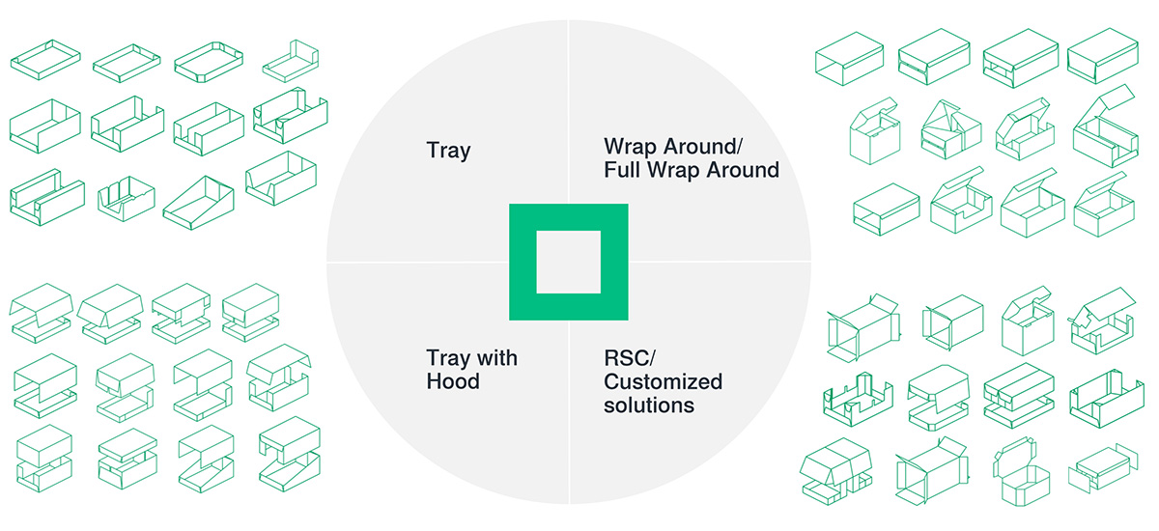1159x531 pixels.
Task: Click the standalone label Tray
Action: pyautogui.click(x=448, y=151)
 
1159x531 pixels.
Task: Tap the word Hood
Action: pyautogui.click(x=453, y=381)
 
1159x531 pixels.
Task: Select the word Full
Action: pyautogui.click(x=622, y=170)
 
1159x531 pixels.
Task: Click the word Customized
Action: pyautogui.click(x=663, y=381)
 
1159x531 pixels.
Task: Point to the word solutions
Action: pyautogui.click(x=649, y=405)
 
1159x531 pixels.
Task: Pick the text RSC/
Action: pyautogui.click(x=630, y=358)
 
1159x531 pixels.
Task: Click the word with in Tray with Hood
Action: pyautogui.click(x=496, y=358)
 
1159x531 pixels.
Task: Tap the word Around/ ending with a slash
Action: pyautogui.click(x=703, y=147)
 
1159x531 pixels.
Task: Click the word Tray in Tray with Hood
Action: pyautogui.click(x=448, y=358)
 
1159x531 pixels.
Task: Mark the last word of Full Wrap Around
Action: pyautogui.click(x=743, y=170)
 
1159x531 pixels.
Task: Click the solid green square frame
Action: pyautogui.click(x=523, y=262)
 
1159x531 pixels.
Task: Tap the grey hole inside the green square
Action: pyautogui.click(x=569, y=263)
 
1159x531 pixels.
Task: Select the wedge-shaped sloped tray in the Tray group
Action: pyautogui.click(x=199, y=203)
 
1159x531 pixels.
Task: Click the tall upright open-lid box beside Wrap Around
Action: pyautogui.click(x=875, y=132)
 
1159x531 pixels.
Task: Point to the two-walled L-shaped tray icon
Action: pyautogui.click(x=291, y=62)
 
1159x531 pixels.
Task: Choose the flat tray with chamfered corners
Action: pyautogui.click(x=209, y=62)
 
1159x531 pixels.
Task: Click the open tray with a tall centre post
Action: pyautogui.click(x=858, y=399)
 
